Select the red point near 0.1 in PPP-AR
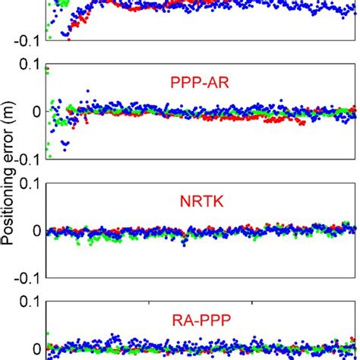pos(47,69)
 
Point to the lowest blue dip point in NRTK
pos(183,243)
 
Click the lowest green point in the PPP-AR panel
pos(49,156)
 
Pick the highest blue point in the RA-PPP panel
pos(114,334)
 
